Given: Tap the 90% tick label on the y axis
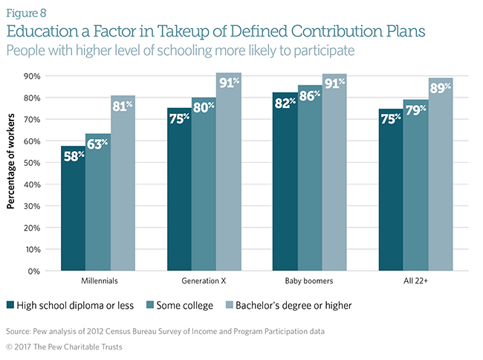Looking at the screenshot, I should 32,76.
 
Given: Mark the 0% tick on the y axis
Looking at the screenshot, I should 34,271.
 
